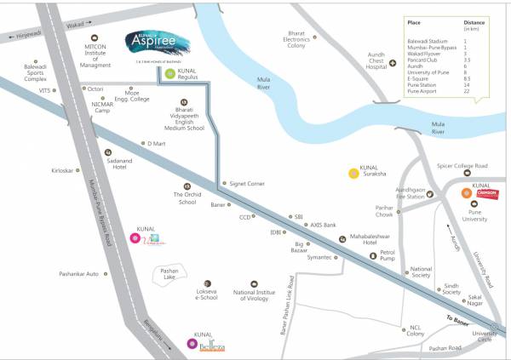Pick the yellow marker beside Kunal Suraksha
pos(353,174)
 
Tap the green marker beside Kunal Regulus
pos(169,74)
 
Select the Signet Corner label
pos(248,183)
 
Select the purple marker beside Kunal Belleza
pos(190,344)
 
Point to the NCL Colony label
pos(415,330)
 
